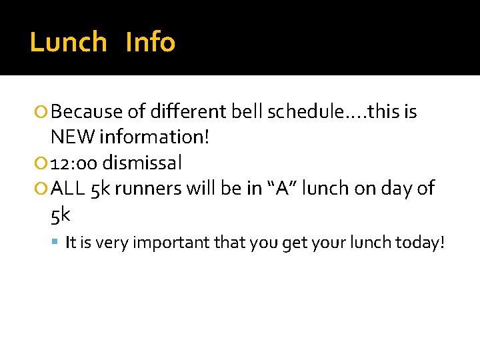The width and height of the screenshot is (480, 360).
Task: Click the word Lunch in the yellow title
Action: (68, 43)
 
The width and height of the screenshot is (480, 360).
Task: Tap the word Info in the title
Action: (150, 43)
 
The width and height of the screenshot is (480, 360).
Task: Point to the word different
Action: (189, 112)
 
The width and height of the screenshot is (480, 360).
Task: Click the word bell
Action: (247, 112)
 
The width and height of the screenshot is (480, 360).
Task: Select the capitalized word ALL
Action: (66, 189)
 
